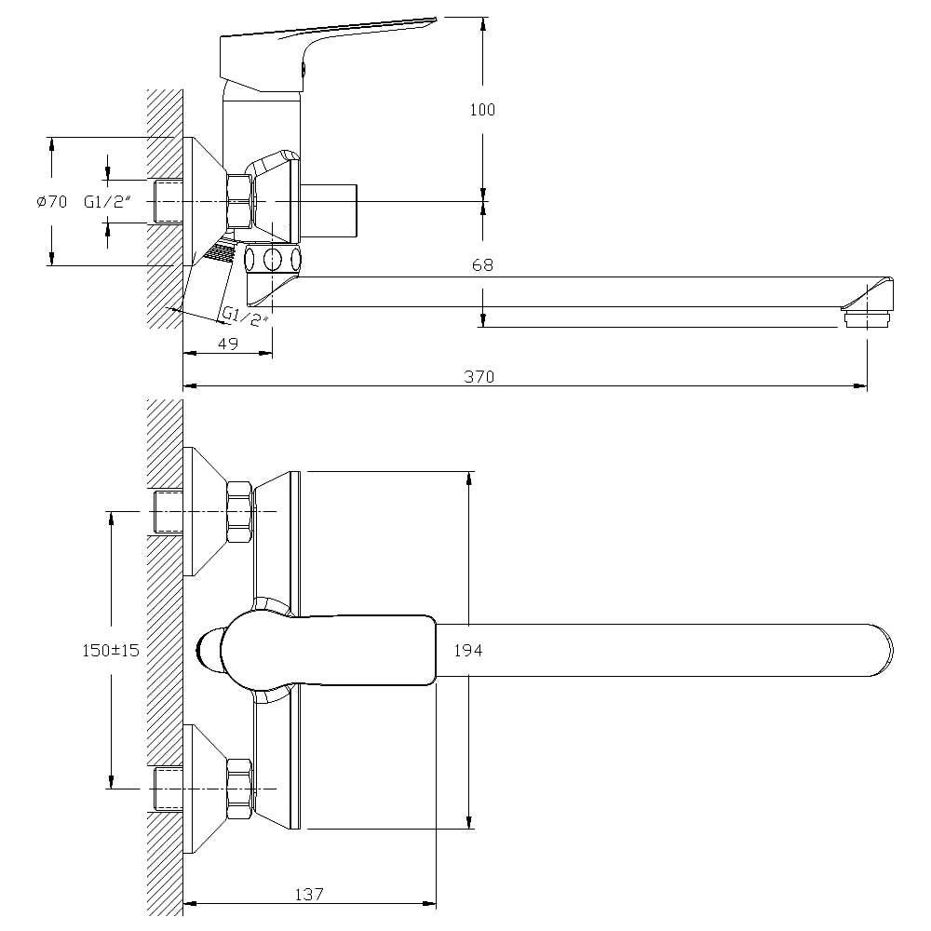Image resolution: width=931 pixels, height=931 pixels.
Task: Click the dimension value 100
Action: [x=482, y=109]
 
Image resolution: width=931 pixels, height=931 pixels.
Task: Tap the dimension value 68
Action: [x=482, y=265]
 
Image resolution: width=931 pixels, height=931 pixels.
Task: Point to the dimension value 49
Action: [x=228, y=343]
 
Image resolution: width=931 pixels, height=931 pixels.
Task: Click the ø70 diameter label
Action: [x=52, y=201]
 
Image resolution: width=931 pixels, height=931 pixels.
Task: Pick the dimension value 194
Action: [x=467, y=651]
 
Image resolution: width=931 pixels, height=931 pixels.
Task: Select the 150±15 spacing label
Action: [x=110, y=650]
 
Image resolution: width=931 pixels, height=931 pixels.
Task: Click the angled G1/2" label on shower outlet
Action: [x=244, y=317]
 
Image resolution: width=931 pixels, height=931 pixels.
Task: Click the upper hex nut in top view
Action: [x=239, y=512]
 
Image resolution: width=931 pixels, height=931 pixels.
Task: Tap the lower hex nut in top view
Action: [x=239, y=789]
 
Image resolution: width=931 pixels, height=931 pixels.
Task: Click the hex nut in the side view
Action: [x=239, y=201]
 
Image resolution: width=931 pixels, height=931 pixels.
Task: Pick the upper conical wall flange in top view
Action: [x=206, y=511]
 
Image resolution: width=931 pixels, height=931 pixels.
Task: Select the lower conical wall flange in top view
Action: [x=206, y=789]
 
